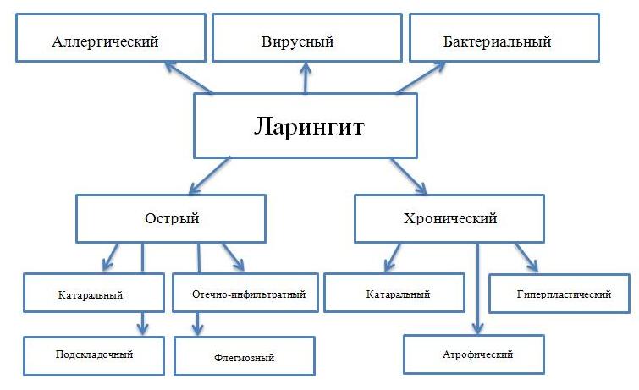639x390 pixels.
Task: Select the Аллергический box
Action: pos(105,40)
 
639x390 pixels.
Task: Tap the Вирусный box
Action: pos(305,40)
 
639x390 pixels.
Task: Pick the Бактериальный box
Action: pos(498,40)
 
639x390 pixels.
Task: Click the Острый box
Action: pos(172,218)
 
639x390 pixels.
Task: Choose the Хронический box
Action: pos(449,218)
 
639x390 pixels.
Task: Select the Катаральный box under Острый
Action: pos(91,295)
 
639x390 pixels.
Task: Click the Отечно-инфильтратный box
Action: pos(244,295)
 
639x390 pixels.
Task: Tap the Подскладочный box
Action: pos(91,355)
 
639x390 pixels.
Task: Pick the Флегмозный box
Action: pos(244,356)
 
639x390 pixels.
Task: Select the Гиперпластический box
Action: pos(560,294)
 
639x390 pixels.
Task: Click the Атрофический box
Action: pos(474,354)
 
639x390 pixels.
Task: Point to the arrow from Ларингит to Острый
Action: pos(202,176)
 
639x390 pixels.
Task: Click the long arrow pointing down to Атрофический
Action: pos(478,288)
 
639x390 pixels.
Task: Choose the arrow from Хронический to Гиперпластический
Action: pos(526,256)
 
